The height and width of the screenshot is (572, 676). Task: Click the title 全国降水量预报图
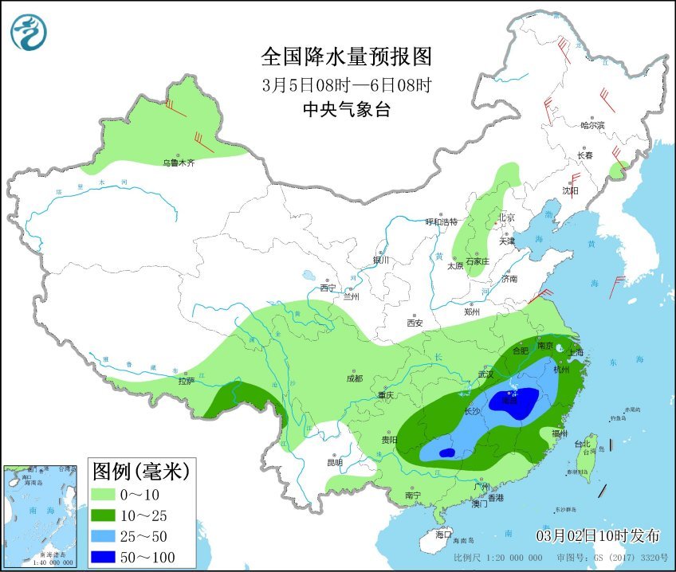[x=346, y=57]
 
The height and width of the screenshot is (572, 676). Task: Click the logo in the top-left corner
[x=29, y=32]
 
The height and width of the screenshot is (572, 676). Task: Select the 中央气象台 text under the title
[x=346, y=111]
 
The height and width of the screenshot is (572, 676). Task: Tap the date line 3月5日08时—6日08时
[x=346, y=84]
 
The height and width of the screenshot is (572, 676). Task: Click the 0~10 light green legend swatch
[x=107, y=494]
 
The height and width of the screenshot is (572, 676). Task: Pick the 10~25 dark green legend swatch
[x=107, y=515]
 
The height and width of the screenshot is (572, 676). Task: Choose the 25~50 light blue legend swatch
[x=107, y=536]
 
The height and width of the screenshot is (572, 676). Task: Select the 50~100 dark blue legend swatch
[x=107, y=557]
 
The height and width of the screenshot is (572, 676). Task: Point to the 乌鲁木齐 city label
[x=179, y=163]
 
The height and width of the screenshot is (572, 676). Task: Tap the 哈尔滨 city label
[x=592, y=125]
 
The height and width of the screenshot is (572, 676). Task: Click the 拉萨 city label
[x=186, y=381]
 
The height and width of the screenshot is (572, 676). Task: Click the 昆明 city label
[x=335, y=462]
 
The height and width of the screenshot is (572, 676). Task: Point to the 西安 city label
[x=415, y=323]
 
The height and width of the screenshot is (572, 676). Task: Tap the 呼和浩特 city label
[x=442, y=221]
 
